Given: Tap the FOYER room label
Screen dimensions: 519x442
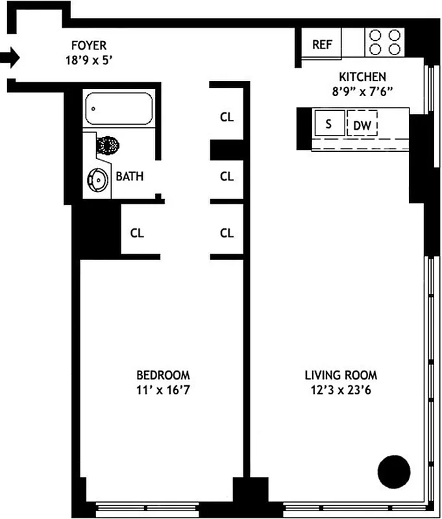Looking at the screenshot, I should [x=89, y=45].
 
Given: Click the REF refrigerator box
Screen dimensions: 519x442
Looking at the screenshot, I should [x=322, y=45].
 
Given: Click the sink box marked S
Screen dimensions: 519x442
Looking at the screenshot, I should [x=328, y=124].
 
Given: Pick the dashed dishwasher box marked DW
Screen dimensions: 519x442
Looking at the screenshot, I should [x=362, y=125].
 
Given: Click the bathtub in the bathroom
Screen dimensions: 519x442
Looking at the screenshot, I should [x=119, y=109].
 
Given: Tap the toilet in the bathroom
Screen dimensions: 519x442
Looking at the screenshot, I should [x=108, y=144].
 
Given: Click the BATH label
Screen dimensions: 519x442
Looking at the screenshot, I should [x=130, y=176].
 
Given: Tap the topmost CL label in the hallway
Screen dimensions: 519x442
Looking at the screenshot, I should [x=227, y=117].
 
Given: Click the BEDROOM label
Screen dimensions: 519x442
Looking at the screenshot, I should [x=163, y=375].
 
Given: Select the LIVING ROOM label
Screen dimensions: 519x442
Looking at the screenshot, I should [x=341, y=375].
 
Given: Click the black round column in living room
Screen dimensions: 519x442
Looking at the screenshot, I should [x=394, y=472].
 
